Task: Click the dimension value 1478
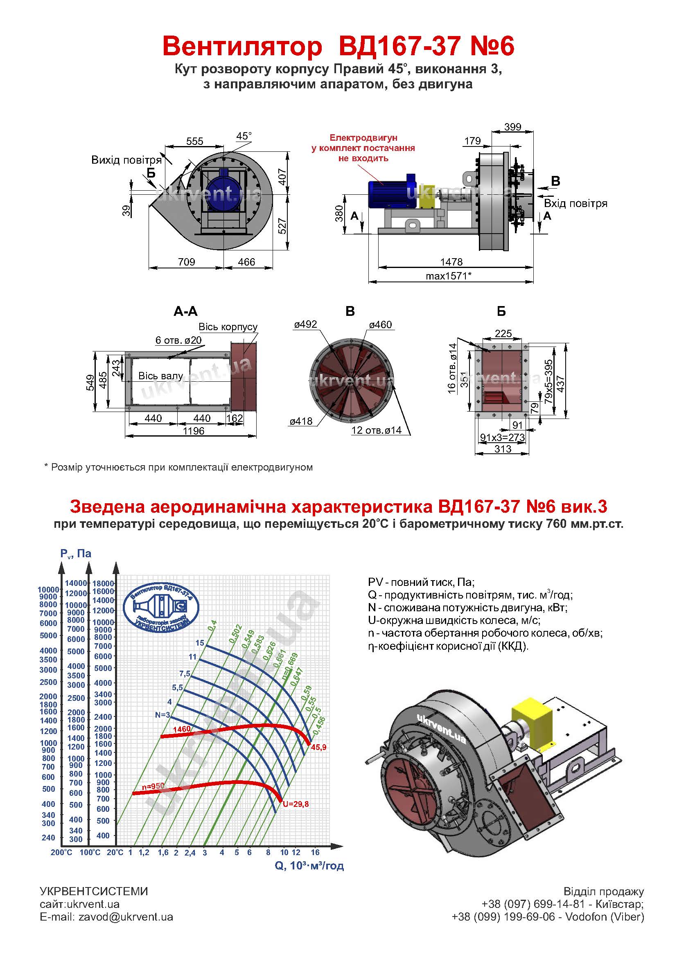451,262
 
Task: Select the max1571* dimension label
449,275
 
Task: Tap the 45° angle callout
244,136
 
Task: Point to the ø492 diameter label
306,324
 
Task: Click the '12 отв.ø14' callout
377,430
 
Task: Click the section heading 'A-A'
185,311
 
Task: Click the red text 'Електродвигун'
363,137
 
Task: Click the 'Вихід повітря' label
126,160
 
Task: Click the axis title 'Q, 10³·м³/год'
309,866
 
